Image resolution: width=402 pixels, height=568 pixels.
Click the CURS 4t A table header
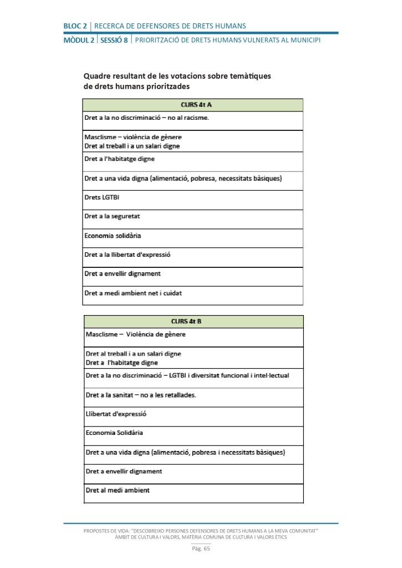point(192,105)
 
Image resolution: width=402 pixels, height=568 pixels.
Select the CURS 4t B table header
point(194,322)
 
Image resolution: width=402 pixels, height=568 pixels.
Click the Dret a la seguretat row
point(111,216)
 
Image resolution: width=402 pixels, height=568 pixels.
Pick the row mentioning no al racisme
point(146,118)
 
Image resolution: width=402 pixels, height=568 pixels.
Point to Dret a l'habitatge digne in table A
point(119,159)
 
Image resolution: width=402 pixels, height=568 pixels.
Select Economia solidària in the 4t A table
point(113,235)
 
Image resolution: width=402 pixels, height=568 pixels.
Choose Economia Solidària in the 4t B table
point(114,433)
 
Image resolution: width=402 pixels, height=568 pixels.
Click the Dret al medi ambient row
point(118,490)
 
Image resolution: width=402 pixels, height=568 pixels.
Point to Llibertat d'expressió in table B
point(116,414)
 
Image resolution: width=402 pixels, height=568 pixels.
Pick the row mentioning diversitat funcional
point(187,376)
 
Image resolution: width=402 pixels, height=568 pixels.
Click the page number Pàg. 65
point(201,549)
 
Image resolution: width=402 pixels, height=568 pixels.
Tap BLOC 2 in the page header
point(75,26)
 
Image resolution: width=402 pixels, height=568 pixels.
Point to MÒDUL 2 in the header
point(79,40)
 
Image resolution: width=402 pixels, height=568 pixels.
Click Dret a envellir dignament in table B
point(124,471)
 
